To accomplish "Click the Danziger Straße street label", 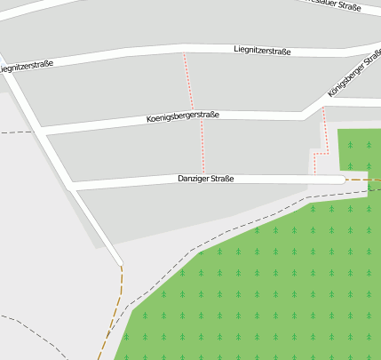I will tap(205, 180).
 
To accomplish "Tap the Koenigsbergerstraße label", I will tap(182, 116).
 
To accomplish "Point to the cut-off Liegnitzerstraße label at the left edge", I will tap(27, 65).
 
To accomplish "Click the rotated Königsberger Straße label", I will tap(353, 74).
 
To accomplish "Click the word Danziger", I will tap(192, 180).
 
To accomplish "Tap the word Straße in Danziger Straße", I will tap(221, 180).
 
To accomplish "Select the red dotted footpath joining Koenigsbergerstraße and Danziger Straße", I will tap(202, 147).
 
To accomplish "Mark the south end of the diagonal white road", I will tap(118, 261).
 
